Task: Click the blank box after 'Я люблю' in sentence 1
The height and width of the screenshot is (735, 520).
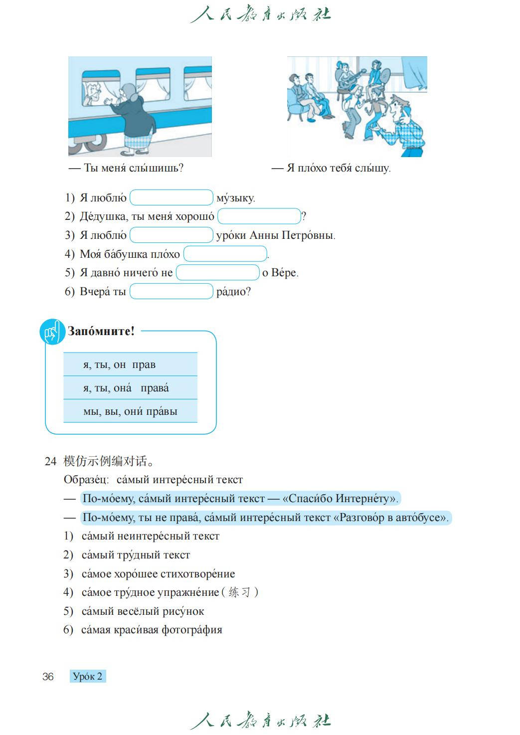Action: click(x=171, y=197)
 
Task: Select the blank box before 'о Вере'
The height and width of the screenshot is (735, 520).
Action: click(x=217, y=273)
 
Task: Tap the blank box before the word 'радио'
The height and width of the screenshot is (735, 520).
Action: click(x=171, y=291)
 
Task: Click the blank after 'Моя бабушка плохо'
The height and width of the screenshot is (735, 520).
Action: click(x=225, y=254)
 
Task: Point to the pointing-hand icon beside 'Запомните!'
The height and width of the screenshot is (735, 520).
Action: click(x=52, y=332)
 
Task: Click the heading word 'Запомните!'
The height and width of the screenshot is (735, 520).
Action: click(x=101, y=331)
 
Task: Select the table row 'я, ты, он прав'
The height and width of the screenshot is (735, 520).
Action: click(x=130, y=365)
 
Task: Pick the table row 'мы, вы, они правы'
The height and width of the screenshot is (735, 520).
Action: click(x=130, y=411)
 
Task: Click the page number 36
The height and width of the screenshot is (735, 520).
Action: click(x=48, y=676)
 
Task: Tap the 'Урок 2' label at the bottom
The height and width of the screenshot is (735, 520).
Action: click(x=87, y=676)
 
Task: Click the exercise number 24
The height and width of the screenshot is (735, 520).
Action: click(x=50, y=461)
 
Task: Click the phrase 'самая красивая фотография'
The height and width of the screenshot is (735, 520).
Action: click(x=152, y=630)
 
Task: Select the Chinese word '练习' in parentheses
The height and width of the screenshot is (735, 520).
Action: click(x=239, y=592)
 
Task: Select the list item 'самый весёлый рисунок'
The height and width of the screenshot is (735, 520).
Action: click(x=143, y=611)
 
